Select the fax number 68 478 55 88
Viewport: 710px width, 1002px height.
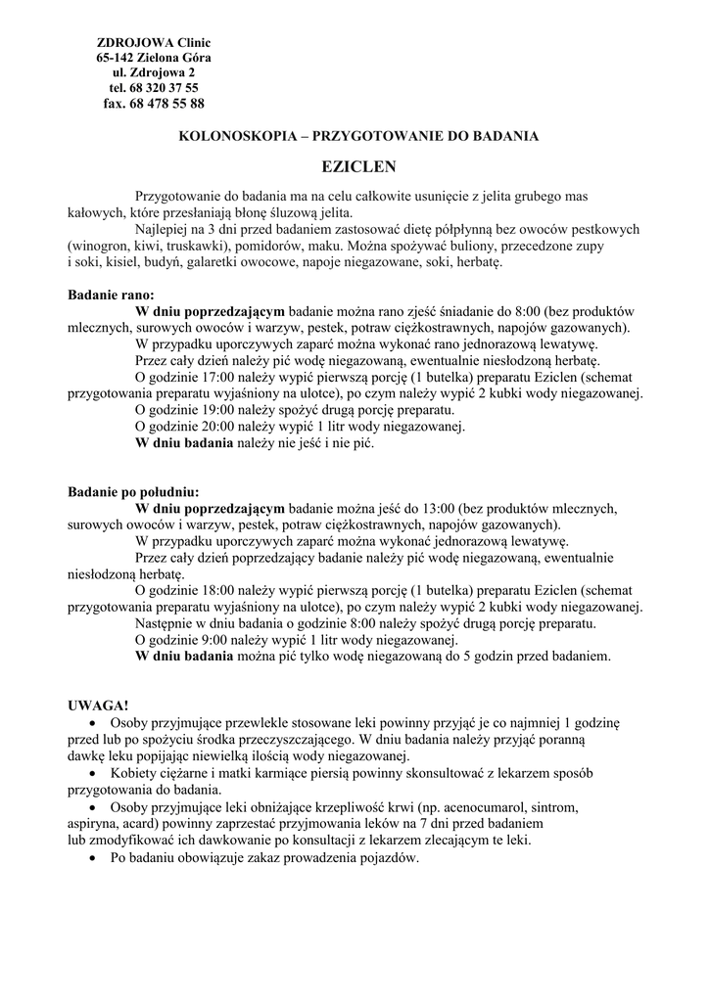(x=167, y=104)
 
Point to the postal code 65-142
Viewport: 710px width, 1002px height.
(x=117, y=58)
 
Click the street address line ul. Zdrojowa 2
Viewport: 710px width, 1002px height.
(x=154, y=73)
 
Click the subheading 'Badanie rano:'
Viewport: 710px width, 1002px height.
(x=110, y=294)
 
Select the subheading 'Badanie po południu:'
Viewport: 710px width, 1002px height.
(x=133, y=491)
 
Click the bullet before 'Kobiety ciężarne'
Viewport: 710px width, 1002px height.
(x=92, y=773)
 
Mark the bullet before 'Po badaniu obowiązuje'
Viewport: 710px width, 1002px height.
(x=92, y=858)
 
